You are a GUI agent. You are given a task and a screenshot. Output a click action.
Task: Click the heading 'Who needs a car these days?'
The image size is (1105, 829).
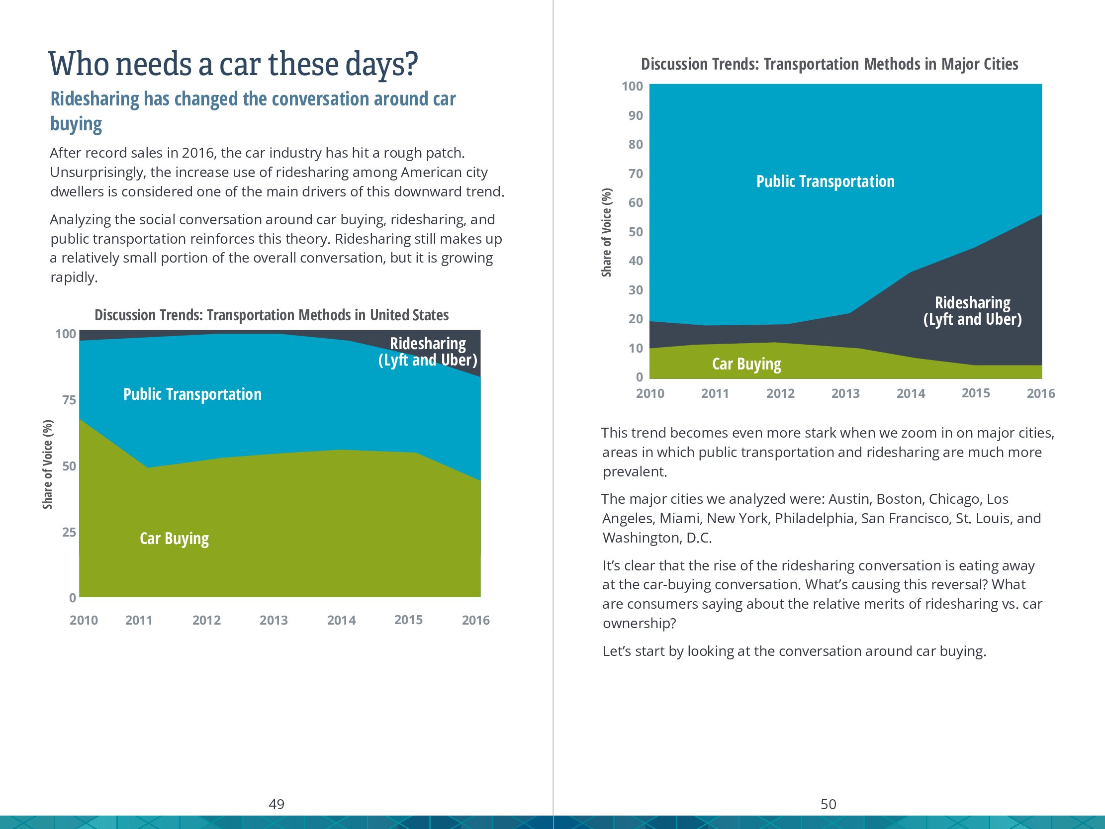click(233, 65)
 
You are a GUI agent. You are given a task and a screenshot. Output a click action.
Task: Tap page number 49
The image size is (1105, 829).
click(276, 804)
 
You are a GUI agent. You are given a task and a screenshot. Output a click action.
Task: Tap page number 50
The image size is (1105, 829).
click(828, 804)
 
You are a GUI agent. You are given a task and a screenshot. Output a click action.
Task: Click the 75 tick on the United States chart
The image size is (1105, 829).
click(69, 400)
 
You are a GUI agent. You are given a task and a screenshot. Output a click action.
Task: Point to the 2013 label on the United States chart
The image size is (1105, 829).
click(273, 620)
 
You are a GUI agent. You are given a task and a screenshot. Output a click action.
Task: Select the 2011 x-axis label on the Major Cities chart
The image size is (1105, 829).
click(715, 393)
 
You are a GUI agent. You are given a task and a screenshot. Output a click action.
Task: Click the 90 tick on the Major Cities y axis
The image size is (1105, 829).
click(636, 115)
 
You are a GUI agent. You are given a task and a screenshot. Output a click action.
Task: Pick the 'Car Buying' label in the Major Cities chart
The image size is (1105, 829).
click(746, 364)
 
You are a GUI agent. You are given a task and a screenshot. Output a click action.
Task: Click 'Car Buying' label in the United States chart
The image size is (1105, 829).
click(174, 539)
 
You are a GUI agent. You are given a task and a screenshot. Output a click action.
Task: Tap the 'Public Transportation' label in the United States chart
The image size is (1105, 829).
click(192, 394)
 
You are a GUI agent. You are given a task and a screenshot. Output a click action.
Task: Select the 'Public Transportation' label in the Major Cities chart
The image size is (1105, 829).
click(825, 182)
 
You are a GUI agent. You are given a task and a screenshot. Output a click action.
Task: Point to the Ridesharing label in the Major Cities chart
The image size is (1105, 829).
click(972, 311)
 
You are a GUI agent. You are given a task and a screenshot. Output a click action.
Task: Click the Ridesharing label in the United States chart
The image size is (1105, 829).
click(428, 352)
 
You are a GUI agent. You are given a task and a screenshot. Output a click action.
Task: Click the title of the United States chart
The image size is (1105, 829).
click(271, 315)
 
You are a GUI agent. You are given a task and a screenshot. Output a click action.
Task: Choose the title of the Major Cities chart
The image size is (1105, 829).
click(829, 65)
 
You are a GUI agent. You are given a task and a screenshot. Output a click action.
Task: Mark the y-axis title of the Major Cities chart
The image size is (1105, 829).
click(606, 232)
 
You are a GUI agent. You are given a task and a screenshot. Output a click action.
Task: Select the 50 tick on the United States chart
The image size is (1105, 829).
click(69, 465)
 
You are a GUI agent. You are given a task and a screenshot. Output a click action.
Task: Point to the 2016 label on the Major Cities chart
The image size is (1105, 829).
click(1040, 393)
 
